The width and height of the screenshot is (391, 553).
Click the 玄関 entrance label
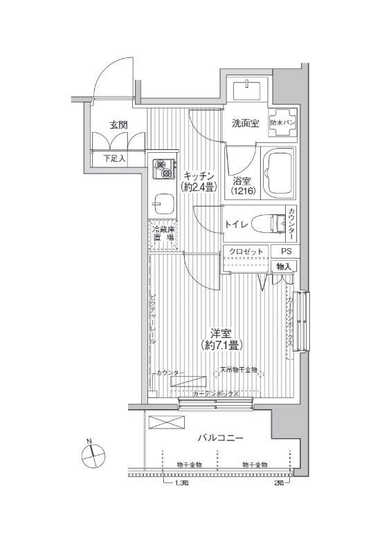click(x=118, y=125)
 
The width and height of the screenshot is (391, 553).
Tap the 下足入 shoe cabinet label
click(x=115, y=158)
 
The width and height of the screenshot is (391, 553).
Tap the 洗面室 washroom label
click(x=245, y=124)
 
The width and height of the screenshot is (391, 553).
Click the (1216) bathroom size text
click(x=242, y=190)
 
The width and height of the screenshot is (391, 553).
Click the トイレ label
click(x=236, y=224)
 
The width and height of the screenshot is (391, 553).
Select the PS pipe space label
click(x=285, y=252)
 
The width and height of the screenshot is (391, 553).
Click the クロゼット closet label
click(x=246, y=252)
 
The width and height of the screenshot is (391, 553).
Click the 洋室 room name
click(x=221, y=332)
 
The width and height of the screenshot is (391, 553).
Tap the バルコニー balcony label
click(x=220, y=438)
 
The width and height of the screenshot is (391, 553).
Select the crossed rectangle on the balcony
click(x=163, y=422)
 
